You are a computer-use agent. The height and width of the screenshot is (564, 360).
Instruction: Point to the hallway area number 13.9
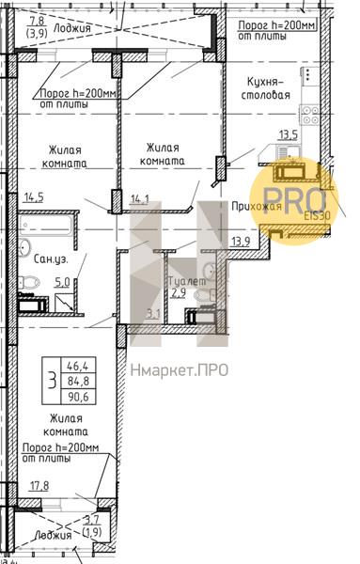(241, 242)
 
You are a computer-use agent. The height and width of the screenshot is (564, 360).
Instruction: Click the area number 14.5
(33, 196)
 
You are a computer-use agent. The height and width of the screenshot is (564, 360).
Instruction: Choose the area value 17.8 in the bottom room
(39, 485)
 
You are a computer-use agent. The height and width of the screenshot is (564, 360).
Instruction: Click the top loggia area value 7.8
(38, 20)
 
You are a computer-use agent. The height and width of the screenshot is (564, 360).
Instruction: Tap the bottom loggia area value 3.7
(91, 519)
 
